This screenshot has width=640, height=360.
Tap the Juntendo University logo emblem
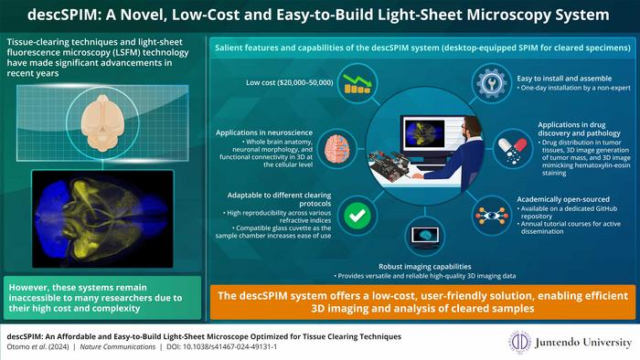click(x=520, y=343)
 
